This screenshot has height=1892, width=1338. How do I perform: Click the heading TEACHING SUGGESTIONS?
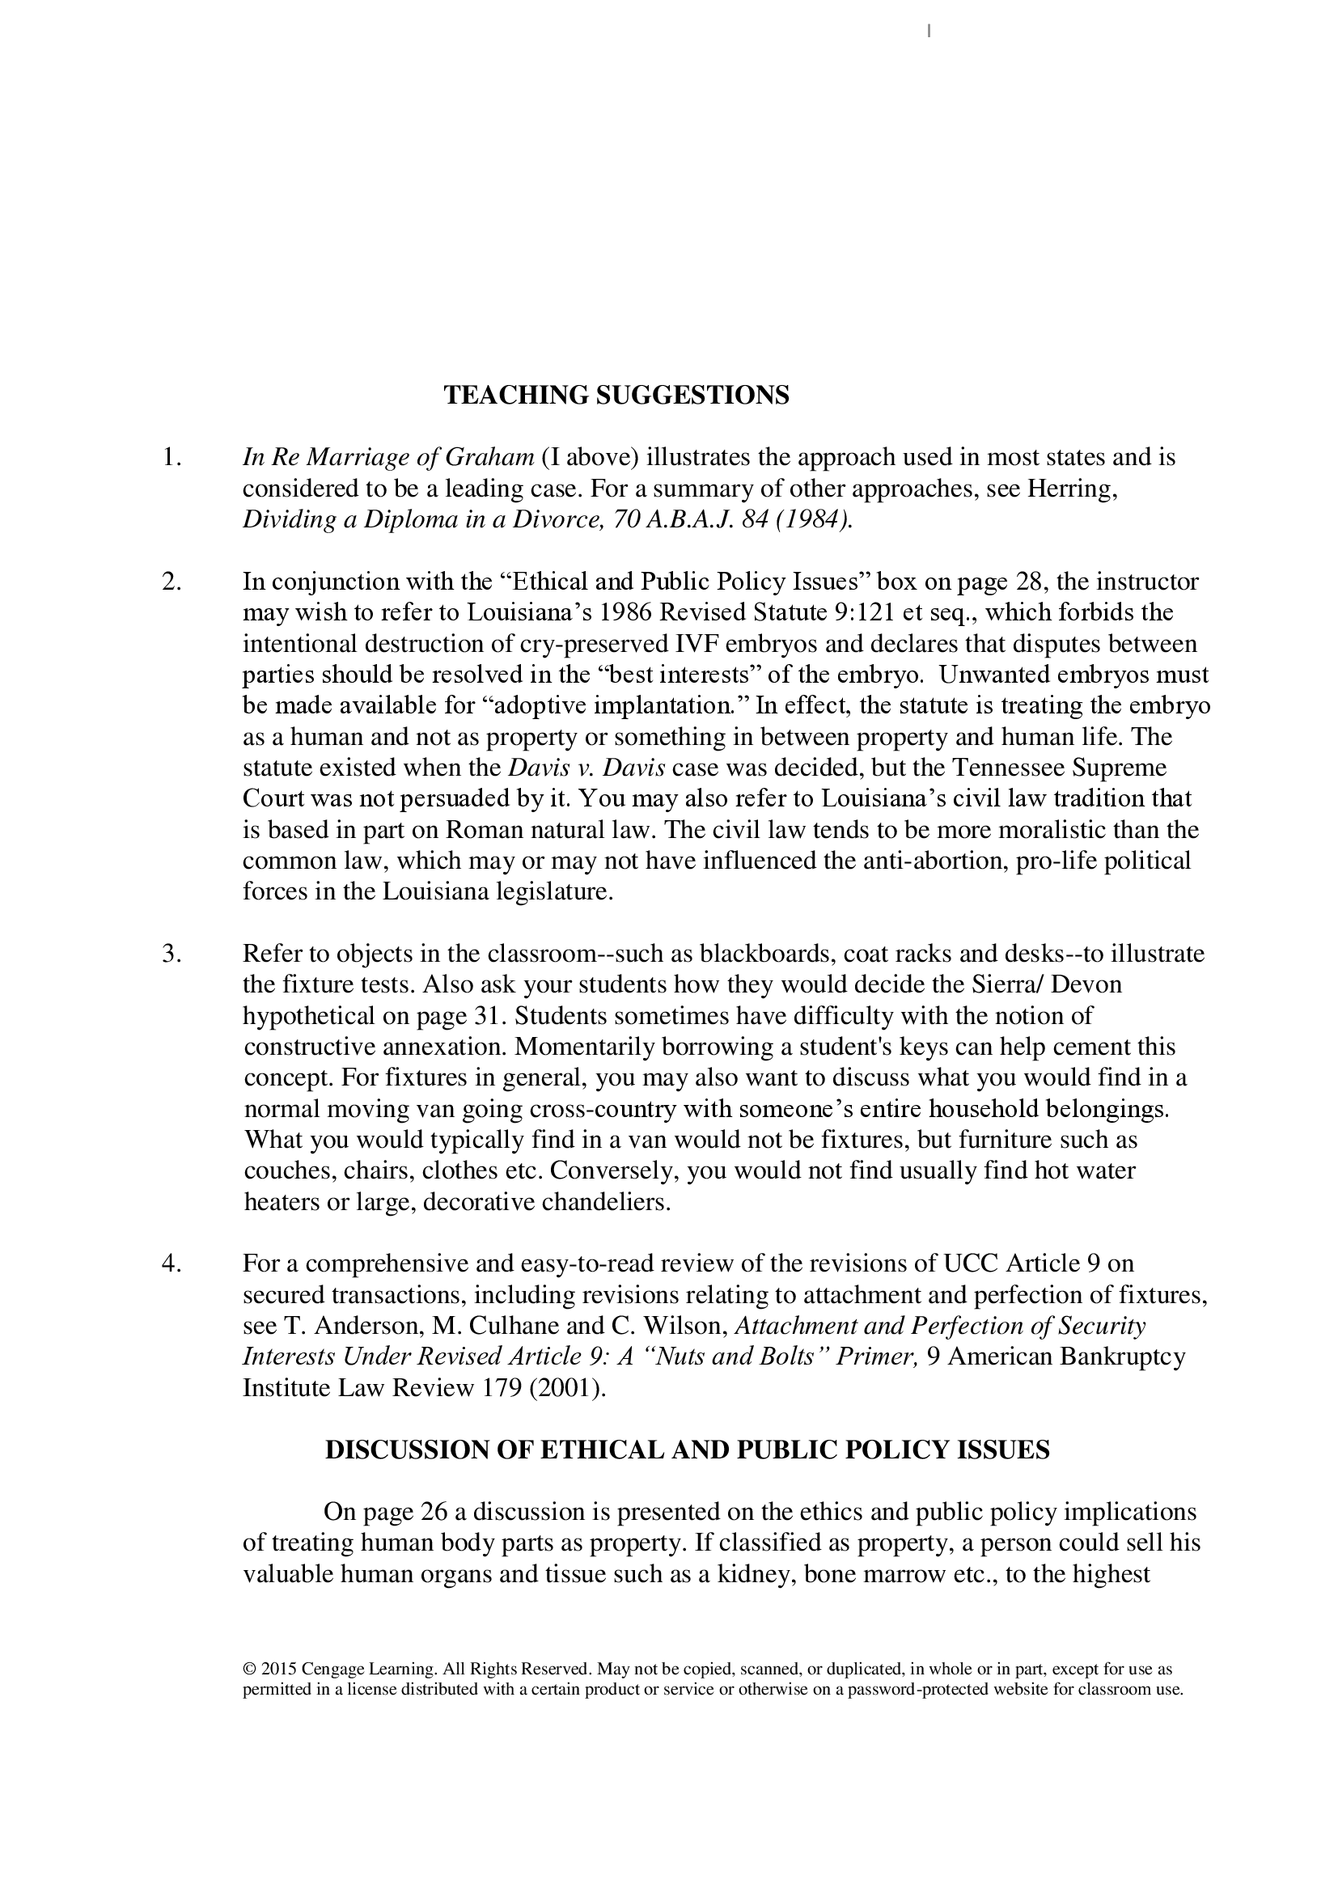click(x=616, y=396)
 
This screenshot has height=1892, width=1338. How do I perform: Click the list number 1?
click(x=171, y=457)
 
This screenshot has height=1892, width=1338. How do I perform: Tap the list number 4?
click(x=171, y=1263)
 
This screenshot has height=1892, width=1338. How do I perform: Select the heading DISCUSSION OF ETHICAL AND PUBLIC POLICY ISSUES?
click(x=687, y=1450)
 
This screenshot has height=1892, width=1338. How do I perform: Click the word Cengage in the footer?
click(x=332, y=1670)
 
